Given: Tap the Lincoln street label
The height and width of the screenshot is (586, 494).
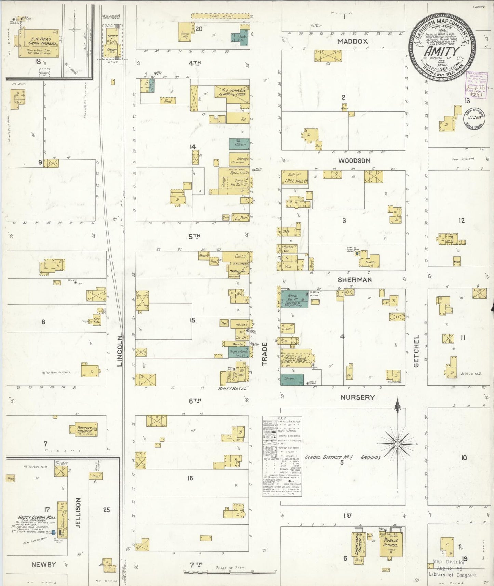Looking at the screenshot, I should tap(119, 351).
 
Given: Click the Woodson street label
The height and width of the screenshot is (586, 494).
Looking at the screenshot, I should tap(354, 161).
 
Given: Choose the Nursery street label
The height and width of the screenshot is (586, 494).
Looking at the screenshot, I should tap(357, 397).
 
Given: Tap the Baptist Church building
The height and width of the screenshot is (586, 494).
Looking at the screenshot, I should tap(84, 430).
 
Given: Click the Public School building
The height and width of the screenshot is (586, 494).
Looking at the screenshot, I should tap(390, 543).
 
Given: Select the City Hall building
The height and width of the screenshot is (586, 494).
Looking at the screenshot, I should tap(96, 320).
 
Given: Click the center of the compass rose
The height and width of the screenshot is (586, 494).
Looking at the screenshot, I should tap(397, 444).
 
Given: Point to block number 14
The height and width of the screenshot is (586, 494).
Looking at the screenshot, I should tap(193, 147).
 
